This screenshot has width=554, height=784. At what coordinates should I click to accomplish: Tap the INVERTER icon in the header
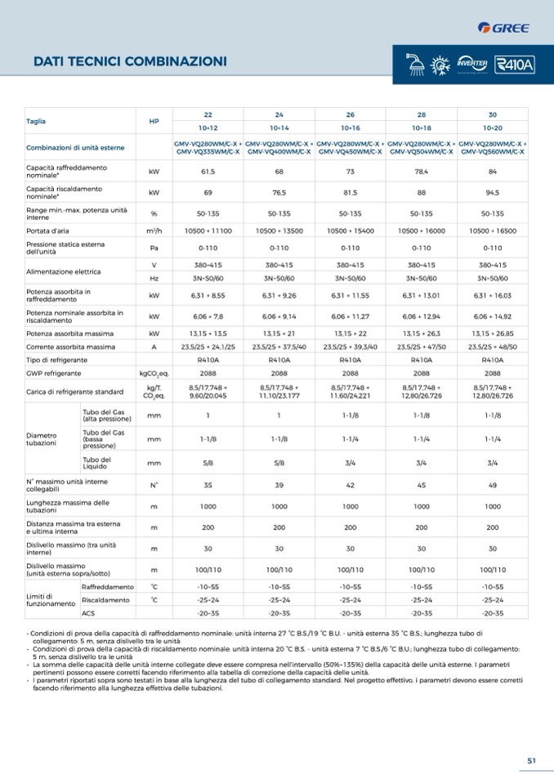coord(472,64)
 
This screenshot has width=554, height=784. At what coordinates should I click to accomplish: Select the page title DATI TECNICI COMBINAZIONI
coord(130,61)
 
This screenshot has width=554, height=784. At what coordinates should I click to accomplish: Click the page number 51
coord(531,760)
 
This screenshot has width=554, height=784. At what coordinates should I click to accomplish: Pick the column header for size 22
coord(208,115)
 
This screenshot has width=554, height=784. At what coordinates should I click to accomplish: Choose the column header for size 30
coord(492,115)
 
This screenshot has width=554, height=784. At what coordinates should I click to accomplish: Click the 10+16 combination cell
coord(350,128)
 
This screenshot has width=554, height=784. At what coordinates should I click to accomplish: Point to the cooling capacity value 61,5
coord(208,172)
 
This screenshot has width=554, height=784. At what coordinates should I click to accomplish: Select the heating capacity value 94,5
coord(492,193)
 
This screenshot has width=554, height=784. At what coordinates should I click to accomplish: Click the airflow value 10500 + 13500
coord(279,231)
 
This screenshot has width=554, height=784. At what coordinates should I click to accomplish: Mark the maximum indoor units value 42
coord(350,485)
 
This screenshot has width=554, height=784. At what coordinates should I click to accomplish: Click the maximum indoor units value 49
coord(492,485)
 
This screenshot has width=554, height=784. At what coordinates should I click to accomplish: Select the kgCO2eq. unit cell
coord(154,373)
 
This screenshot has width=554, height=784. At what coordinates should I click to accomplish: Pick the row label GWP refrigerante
coord(53,373)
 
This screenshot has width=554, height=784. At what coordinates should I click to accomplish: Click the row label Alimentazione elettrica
coord(64,271)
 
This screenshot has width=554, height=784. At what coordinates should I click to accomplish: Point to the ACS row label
coord(89,613)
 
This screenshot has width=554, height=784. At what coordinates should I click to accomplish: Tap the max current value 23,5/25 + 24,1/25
coord(208,347)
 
